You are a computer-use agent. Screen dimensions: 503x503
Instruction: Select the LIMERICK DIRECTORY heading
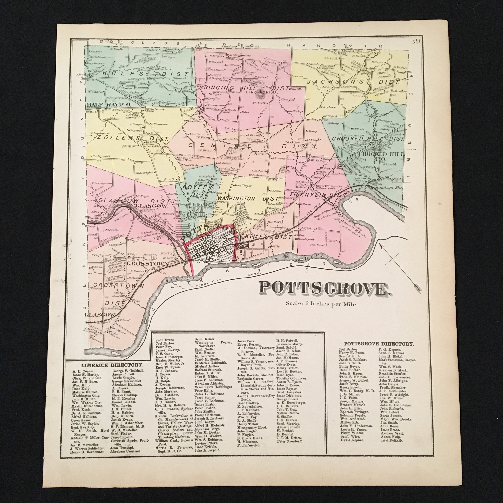tap(112, 365)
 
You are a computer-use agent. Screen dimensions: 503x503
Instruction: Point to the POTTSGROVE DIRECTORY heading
tap(379, 344)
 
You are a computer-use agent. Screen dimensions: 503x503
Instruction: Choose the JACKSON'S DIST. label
tap(353, 82)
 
